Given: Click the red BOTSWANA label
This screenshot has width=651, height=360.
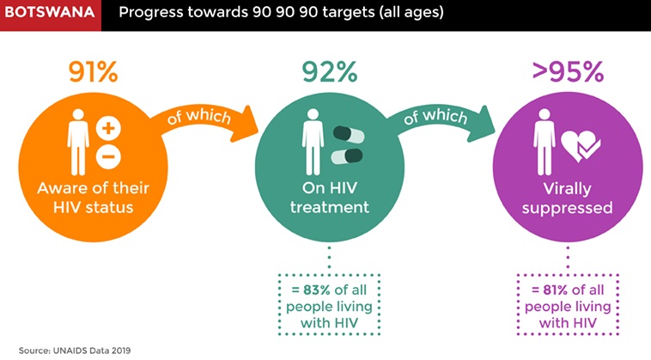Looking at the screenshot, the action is tap(50, 12).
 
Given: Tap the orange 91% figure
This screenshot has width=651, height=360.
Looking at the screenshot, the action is tap(94, 72).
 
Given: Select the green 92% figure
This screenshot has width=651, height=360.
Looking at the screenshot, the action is tap(330, 72).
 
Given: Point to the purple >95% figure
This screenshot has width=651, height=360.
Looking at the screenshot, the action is tap(568, 72).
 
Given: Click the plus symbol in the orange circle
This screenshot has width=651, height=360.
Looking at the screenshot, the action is tap(108, 128).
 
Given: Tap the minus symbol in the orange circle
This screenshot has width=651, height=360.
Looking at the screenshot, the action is tap(108, 157).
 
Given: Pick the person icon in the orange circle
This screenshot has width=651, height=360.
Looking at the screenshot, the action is tap(78, 142).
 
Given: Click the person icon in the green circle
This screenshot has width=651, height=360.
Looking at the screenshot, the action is tap(313, 142).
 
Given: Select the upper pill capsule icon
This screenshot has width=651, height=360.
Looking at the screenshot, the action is tap(349, 135).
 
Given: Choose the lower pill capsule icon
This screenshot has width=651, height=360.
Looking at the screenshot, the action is tap(347, 156).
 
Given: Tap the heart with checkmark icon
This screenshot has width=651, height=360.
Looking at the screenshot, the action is tap(581, 146).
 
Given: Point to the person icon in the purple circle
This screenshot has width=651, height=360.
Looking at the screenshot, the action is tap(545, 142).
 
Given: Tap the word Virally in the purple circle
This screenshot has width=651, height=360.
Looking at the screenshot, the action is tap(567, 189).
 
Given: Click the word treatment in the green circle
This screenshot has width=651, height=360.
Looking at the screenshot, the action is tap(330, 207).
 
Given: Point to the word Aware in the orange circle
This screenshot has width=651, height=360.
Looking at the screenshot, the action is tap(58, 188).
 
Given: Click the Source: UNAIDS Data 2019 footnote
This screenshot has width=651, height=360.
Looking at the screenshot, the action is tap(75, 351).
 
